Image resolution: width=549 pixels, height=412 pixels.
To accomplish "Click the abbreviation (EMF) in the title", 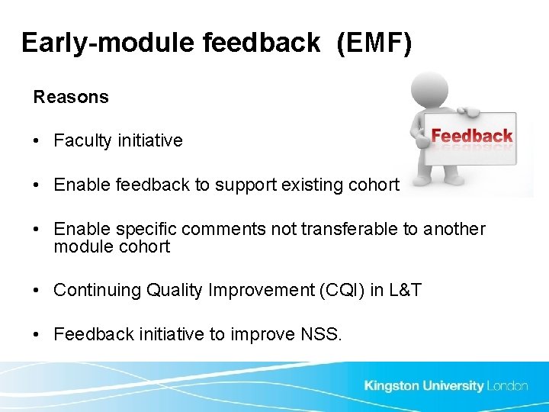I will (374, 43).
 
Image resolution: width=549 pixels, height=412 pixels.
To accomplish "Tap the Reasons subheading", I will (71, 98).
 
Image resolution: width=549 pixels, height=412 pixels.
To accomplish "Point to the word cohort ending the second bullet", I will (374, 185).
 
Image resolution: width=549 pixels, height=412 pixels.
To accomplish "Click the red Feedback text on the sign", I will (471, 137).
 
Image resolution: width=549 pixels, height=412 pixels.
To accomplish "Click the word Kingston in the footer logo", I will (390, 386).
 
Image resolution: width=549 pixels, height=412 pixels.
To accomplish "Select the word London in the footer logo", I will (507, 386).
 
